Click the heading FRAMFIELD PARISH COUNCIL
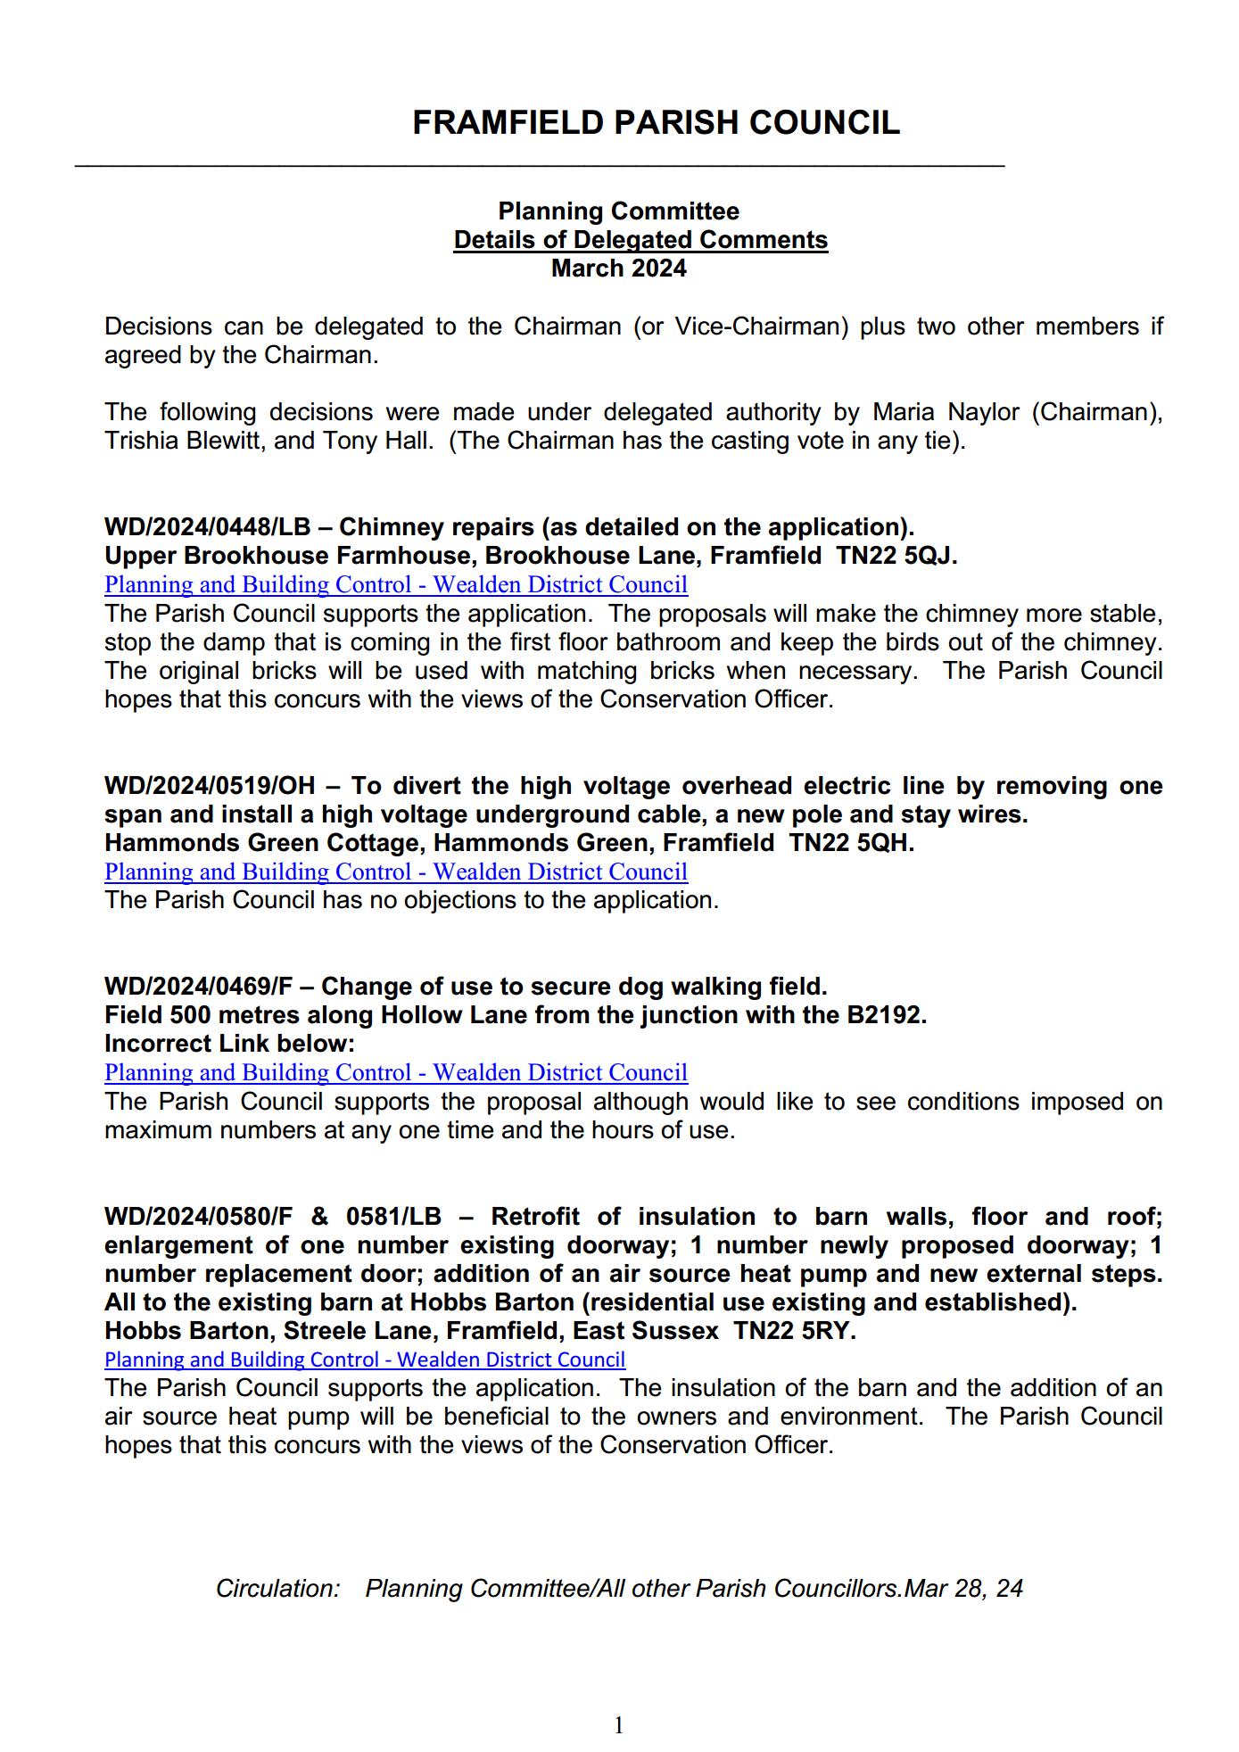tap(656, 123)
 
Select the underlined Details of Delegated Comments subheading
tap(640, 240)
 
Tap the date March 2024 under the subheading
tap(619, 269)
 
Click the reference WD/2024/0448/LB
tap(207, 527)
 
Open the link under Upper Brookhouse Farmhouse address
tap(396, 585)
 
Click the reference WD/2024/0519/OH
tap(210, 786)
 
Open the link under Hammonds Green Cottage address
tap(396, 872)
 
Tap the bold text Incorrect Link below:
tap(229, 1044)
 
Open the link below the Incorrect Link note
tap(396, 1072)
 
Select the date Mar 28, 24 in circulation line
tap(963, 1589)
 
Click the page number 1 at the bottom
tap(619, 1725)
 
